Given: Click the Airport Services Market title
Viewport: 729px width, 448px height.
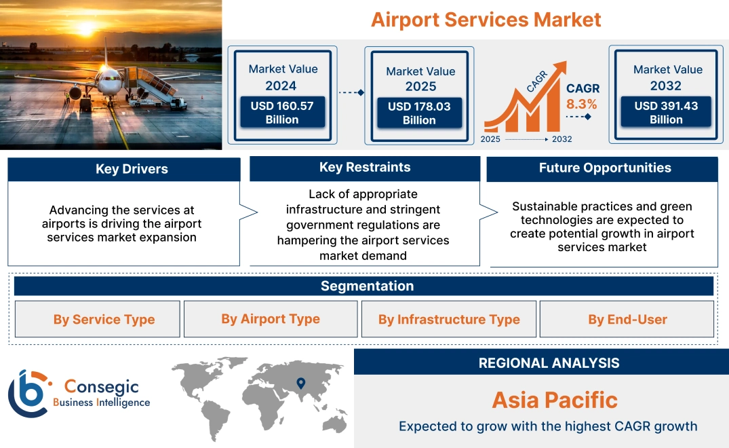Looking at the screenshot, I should point(486,19).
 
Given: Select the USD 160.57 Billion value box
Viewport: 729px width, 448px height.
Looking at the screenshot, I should point(281,112).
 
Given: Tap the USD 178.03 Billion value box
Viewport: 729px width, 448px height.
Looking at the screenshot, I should point(419,113).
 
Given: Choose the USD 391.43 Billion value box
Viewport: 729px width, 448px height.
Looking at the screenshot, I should point(666,112).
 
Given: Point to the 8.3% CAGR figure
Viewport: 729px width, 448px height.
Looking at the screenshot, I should point(582,104).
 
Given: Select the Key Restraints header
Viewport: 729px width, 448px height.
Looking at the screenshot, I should point(365,168).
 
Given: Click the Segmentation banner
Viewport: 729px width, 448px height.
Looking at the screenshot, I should point(366,286).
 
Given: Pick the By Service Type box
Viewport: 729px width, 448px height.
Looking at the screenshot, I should point(104,320).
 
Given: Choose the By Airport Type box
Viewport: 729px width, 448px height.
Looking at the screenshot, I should point(270,319).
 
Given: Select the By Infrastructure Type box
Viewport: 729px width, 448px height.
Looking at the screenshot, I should point(449,320).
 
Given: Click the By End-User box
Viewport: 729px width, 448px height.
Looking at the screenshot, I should point(627,320).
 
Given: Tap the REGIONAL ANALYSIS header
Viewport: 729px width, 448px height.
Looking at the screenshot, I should point(549,363).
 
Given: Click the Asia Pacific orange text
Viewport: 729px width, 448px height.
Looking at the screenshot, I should point(554,400).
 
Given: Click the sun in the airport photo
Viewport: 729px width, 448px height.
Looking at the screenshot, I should point(87,29).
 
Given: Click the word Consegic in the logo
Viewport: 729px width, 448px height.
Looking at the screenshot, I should point(101,387).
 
